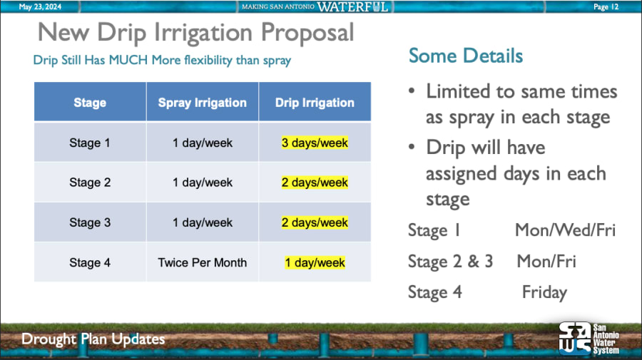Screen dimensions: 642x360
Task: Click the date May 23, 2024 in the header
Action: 40,7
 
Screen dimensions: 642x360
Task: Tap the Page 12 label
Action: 606,7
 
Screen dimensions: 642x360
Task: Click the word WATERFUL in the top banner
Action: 352,7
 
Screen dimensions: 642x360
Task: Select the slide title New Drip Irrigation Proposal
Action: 195,32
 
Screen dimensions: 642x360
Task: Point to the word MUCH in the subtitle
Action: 128,60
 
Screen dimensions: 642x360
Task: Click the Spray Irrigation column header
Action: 203,102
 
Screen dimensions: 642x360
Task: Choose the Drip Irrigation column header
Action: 315,102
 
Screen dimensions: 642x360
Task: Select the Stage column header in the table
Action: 90,102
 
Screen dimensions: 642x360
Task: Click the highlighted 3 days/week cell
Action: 315,143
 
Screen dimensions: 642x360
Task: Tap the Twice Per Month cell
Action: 203,262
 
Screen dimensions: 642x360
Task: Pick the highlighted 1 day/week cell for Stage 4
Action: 315,262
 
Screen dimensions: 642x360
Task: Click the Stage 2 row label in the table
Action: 90,182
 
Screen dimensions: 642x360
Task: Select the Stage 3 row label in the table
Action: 90,222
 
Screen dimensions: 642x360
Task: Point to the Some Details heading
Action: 466,56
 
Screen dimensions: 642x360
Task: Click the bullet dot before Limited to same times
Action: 412,91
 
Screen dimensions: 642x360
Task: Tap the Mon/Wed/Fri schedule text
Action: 565,230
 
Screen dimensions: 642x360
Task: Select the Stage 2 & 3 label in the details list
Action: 450,262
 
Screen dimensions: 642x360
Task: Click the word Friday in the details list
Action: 544,292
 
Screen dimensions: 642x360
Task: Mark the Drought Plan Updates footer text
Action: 93,339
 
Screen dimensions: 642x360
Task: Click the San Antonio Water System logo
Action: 589,339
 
